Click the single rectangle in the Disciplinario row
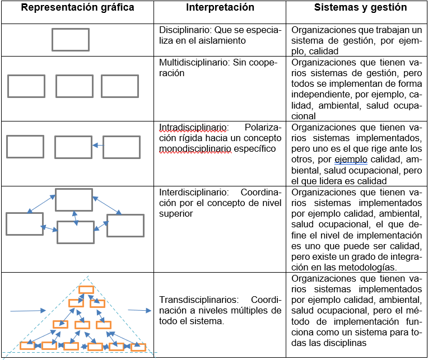(71, 40)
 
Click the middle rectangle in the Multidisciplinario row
(75, 86)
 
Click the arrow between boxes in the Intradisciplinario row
(97, 146)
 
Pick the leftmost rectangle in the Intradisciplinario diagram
(25, 146)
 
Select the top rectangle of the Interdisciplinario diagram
(74, 200)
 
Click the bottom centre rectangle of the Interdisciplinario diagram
(76, 232)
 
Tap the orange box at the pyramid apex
(86, 289)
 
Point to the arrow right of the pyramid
(139, 310)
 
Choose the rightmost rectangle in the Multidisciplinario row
(119, 86)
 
